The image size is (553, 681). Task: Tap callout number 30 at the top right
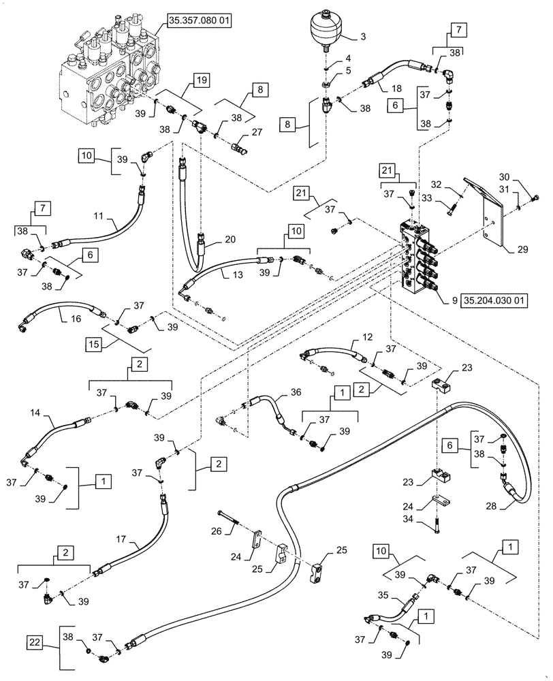pyautogui.click(x=523, y=175)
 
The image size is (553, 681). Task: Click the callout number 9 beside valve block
pyautogui.click(x=454, y=298)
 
